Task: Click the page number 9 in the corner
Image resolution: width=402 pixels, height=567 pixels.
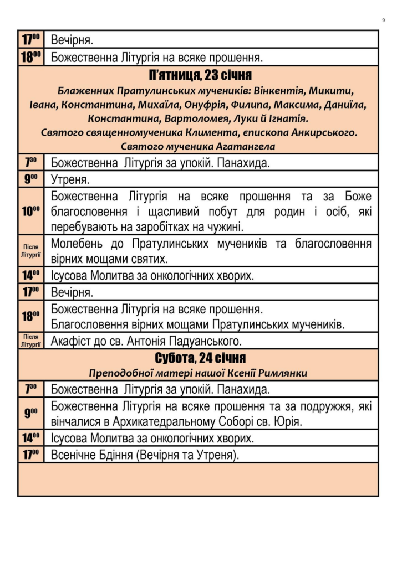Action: (x=383, y=20)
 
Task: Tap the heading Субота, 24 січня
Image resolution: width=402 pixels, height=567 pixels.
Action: (x=199, y=358)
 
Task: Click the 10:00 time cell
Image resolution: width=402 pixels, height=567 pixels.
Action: (x=30, y=211)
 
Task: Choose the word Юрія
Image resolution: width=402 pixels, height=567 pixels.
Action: (x=291, y=422)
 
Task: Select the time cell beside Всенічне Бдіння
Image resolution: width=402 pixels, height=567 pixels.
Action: (x=30, y=454)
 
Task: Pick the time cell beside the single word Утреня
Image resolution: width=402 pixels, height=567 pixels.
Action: (x=30, y=179)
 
